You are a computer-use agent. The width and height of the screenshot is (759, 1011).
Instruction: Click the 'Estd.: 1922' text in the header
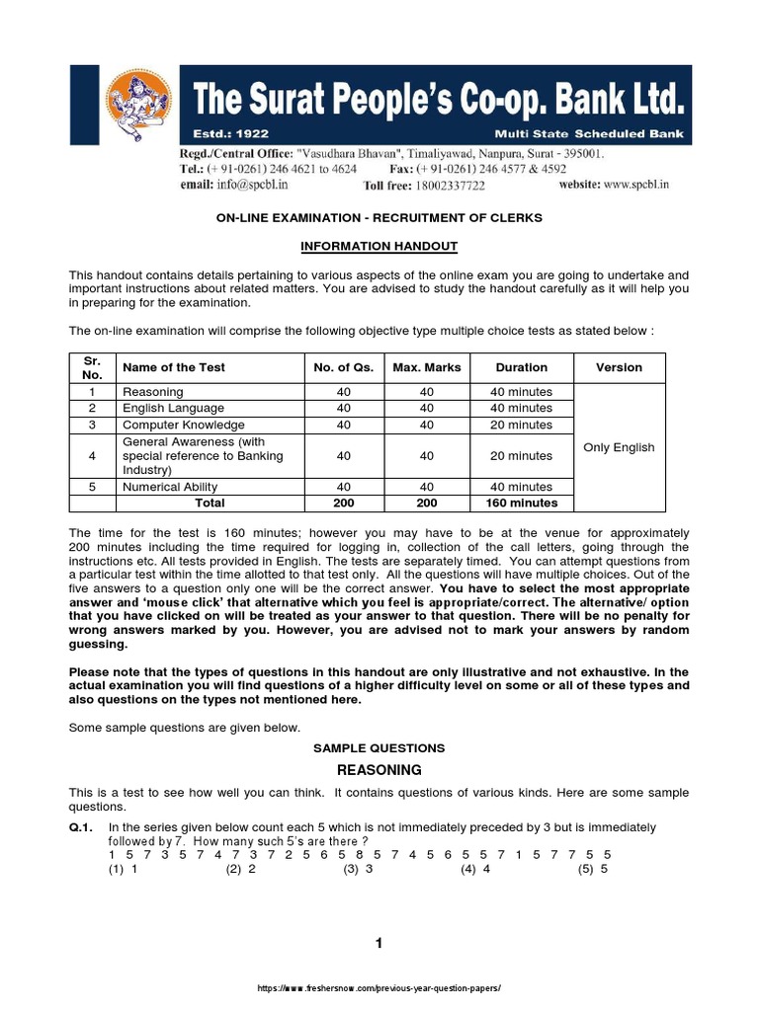[230, 132]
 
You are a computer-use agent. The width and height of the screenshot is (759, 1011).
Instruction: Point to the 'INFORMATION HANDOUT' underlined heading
[379, 246]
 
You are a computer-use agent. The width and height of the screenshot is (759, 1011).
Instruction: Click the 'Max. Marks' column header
[426, 367]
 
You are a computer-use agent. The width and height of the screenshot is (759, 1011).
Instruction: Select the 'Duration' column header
[521, 367]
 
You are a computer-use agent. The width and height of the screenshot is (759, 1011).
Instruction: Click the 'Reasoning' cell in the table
[152, 392]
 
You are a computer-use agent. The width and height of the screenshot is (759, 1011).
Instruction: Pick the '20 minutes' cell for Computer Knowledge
[521, 425]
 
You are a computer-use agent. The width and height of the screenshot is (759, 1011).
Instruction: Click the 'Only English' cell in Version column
[619, 447]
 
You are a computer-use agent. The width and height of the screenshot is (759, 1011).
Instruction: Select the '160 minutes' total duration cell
[521, 503]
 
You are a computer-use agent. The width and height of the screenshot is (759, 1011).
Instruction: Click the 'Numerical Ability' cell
[170, 487]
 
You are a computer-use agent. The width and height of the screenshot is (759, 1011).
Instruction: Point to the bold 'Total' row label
[209, 503]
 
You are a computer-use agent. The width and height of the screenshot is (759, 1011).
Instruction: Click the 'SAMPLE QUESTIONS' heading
[379, 748]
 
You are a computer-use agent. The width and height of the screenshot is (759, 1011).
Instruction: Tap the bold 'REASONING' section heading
[379, 770]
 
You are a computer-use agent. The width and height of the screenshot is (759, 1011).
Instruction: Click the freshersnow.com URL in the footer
[379, 988]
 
